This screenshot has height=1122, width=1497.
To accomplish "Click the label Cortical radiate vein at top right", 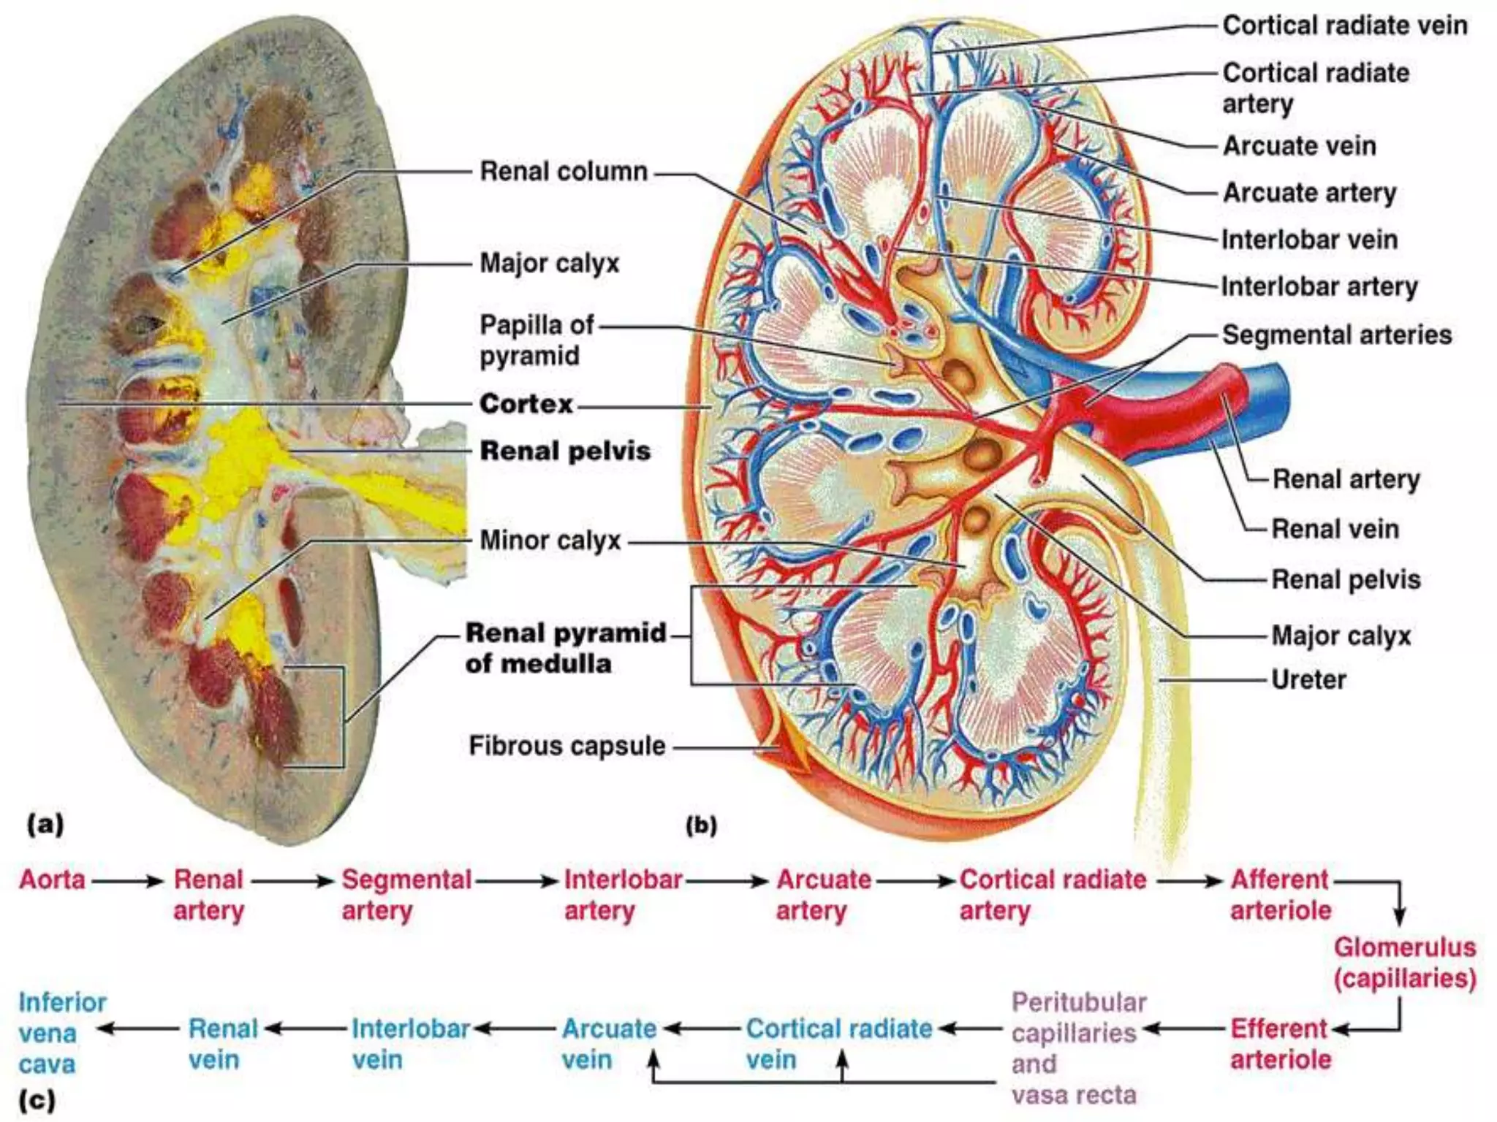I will (1345, 26).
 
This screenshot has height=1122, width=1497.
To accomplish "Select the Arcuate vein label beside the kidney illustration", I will (1300, 146).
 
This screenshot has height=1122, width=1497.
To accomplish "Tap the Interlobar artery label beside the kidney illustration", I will (1319, 286).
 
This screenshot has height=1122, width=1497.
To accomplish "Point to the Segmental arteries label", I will (1337, 335).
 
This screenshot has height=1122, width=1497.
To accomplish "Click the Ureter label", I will (1308, 679).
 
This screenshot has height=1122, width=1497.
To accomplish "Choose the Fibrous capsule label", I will (566, 746).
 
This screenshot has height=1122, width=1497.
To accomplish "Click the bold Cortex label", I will (526, 403).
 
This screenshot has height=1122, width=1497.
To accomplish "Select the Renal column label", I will (564, 172).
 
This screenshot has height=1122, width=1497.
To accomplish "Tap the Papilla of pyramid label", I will (537, 340).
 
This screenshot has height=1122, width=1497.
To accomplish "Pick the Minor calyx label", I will (550, 541).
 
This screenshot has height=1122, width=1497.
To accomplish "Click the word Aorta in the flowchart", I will (52, 879).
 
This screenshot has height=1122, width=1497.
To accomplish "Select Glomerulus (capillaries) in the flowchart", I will (1404, 962).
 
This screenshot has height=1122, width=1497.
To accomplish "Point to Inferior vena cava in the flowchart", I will (62, 1033).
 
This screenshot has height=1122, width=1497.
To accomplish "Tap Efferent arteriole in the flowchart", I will (1281, 1043).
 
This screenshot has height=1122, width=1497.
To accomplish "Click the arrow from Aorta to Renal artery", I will (127, 881).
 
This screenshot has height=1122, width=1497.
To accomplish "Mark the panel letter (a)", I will (45, 825).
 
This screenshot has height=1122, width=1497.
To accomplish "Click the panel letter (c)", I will (37, 1100).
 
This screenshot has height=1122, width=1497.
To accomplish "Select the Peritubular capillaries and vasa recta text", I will (1078, 1047).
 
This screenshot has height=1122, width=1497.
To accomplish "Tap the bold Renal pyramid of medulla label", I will (566, 648).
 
